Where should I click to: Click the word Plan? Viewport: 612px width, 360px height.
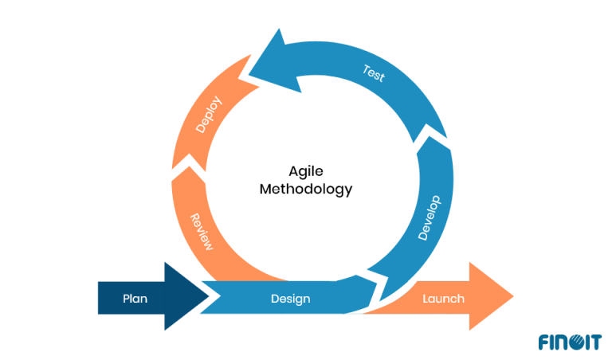[135, 299]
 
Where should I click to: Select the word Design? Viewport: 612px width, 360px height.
[290, 299]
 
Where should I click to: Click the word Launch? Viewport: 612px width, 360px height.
[443, 299]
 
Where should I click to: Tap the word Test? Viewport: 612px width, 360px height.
[374, 74]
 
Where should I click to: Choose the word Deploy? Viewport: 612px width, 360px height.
[208, 115]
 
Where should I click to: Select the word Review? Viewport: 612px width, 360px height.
[201, 232]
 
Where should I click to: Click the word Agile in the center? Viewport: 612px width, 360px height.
[305, 170]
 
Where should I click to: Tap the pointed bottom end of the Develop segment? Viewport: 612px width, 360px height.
[382, 301]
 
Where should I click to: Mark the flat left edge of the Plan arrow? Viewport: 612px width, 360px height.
[99, 297]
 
